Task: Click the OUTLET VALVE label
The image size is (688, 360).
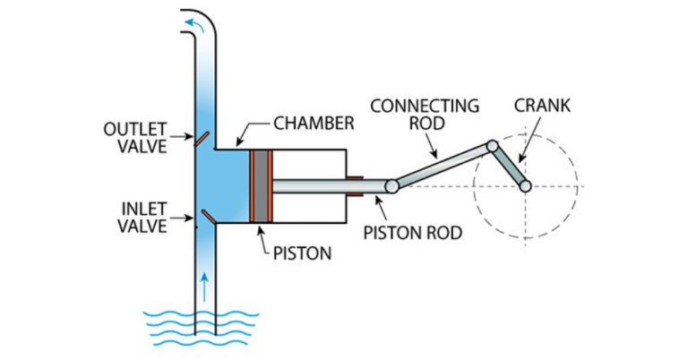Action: coord(135,137)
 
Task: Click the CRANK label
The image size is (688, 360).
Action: coord(542,106)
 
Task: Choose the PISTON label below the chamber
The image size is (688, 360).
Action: coord(300,253)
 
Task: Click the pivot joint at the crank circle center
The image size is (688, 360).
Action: coord(526,186)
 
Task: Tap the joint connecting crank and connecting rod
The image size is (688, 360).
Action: coord(492,145)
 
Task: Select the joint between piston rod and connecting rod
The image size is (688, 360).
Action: coord(392,186)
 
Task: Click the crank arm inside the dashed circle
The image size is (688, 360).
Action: coord(509,166)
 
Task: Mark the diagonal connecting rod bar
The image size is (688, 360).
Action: coord(442,166)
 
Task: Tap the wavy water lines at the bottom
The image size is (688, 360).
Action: coord(201,326)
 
